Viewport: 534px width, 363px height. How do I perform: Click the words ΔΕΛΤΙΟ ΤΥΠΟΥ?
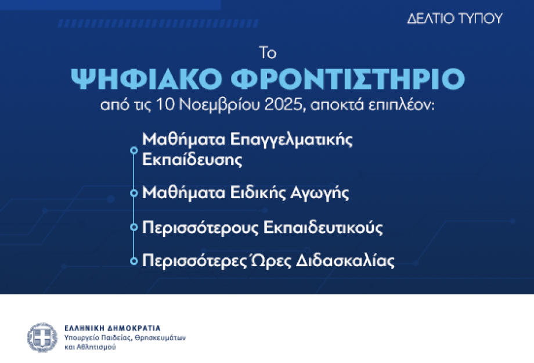tap(454, 18)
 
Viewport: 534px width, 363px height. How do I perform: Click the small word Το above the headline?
tap(267, 53)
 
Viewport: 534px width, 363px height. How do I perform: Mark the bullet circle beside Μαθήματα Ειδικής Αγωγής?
tap(134, 193)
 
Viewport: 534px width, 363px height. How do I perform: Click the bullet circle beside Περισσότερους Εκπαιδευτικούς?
tap(134, 227)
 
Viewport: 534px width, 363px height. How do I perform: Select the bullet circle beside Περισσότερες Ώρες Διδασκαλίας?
tap(134, 261)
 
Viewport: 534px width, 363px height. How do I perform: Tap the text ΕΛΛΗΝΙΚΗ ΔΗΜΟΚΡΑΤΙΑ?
tap(113, 328)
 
